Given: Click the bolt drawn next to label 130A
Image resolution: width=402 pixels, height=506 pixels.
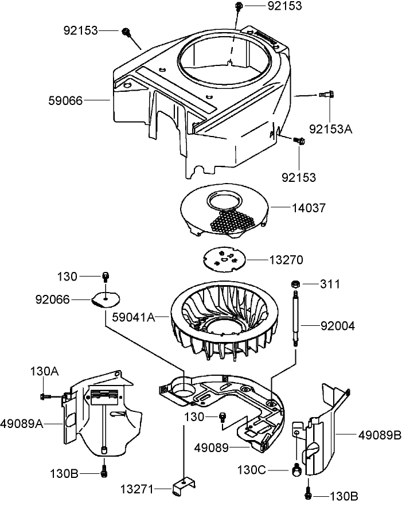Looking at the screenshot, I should [x=45, y=396].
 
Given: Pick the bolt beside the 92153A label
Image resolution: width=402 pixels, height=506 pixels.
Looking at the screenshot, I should [x=329, y=95].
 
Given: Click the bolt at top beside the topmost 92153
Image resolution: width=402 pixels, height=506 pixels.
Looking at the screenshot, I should [x=239, y=6].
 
